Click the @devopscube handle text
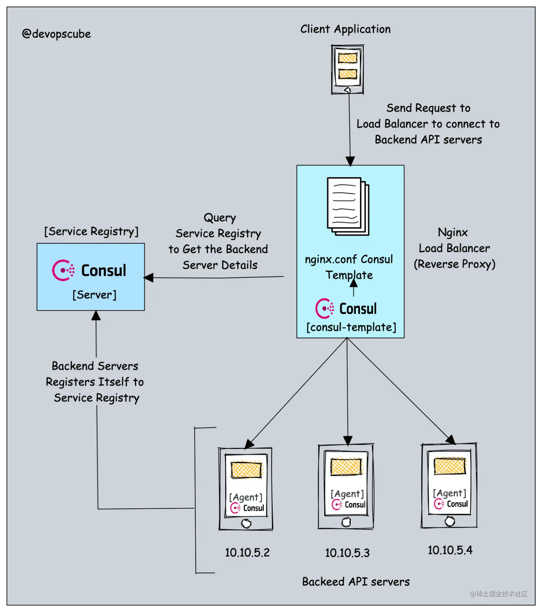[x=56, y=34]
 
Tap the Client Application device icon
[x=347, y=70]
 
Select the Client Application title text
[x=345, y=29]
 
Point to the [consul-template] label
[x=351, y=327]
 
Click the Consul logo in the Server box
[x=89, y=270]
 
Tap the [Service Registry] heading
[x=91, y=231]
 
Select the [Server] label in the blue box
[x=94, y=295]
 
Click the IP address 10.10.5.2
[x=247, y=553]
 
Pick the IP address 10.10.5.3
[x=347, y=553]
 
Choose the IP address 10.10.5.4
[x=450, y=550]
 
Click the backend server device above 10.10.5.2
[x=246, y=489]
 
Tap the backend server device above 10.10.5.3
[x=346, y=486]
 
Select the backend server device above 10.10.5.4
[x=449, y=485]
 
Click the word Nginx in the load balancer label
[x=452, y=233]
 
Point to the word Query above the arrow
[x=220, y=218]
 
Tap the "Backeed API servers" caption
[x=356, y=582]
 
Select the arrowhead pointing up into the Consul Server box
[x=96, y=315]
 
